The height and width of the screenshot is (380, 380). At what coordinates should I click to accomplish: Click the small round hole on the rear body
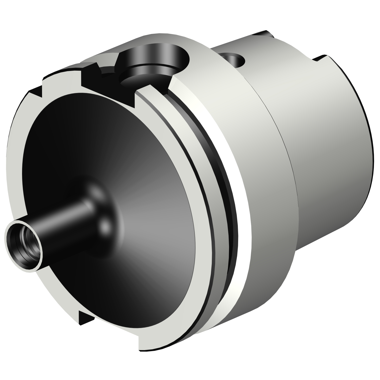234,60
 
